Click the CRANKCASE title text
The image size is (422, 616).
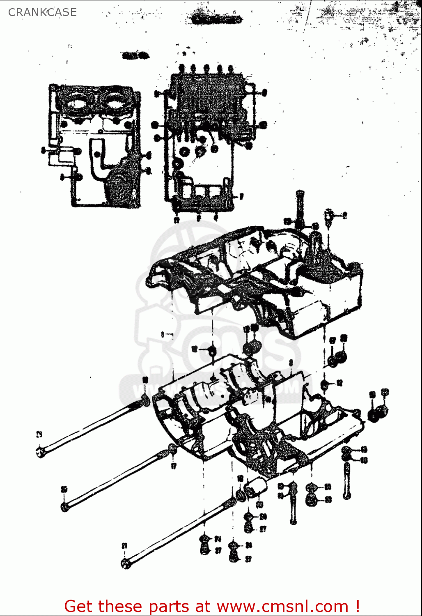click(x=42, y=12)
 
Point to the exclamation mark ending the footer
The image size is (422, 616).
click(x=358, y=606)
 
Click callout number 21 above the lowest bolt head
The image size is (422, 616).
click(x=124, y=546)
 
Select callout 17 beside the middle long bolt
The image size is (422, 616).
click(x=174, y=466)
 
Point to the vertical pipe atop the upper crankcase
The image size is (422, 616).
click(x=300, y=209)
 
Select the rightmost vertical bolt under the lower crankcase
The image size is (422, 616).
click(x=347, y=480)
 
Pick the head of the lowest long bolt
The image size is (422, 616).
click(x=126, y=564)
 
